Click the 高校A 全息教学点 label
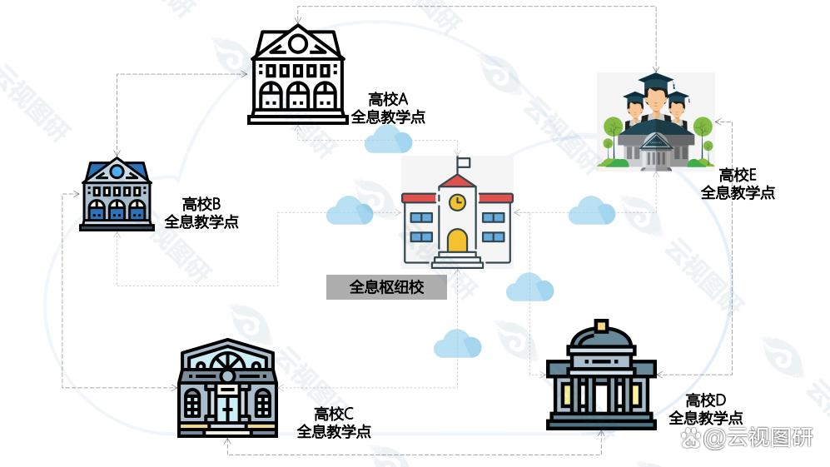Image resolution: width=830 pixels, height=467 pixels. click(388, 108)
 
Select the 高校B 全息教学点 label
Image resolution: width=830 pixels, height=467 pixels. click(201, 213)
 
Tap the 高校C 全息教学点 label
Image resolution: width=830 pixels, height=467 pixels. click(334, 423)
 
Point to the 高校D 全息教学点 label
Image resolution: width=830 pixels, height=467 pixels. click(706, 409)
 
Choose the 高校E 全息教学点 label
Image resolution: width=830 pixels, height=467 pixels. click(738, 183)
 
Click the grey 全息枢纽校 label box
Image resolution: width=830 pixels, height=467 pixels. click(386, 287)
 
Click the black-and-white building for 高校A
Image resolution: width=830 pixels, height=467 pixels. click(297, 74)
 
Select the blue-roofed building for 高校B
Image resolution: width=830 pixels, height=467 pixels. click(117, 194)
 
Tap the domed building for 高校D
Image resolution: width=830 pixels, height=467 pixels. click(601, 375)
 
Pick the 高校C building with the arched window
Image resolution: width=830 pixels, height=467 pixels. click(227, 388)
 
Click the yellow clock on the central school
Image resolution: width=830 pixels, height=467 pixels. click(457, 201)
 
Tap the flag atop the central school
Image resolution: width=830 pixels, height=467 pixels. click(464, 162)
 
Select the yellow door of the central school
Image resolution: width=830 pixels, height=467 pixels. click(457, 241)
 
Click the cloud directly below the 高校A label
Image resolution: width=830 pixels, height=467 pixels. click(389, 139)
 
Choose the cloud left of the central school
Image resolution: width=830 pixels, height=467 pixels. click(350, 211)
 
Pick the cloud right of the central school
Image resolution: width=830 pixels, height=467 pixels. click(592, 211)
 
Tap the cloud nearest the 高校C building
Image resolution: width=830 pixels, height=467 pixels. click(457, 343)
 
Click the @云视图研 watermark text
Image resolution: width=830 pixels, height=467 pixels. click(747, 438)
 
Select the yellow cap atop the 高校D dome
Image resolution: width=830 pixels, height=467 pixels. click(601, 325)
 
